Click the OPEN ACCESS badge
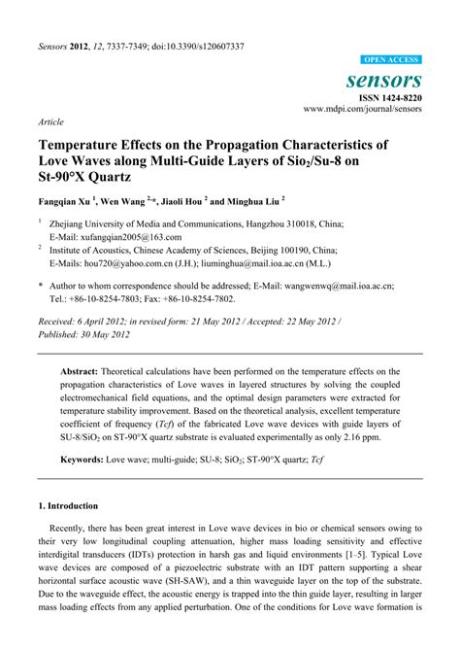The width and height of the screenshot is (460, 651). coord(389,59)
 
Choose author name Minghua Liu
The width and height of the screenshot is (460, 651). coord(250,206)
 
